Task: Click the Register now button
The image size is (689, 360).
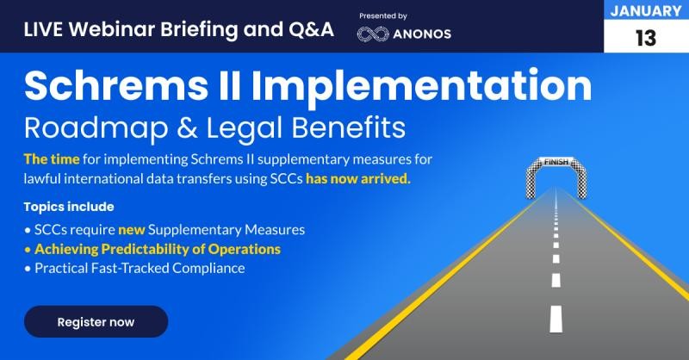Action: [x=96, y=322]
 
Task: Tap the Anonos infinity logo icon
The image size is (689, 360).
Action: [x=373, y=34]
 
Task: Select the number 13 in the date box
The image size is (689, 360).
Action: [x=646, y=38]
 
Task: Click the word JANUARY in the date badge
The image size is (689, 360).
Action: [x=646, y=11]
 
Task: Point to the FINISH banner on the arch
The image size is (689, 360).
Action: [x=556, y=162]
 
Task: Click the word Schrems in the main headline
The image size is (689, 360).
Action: [x=116, y=85]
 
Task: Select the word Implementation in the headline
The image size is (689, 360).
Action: [x=421, y=86]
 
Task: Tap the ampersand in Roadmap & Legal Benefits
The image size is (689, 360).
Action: [x=186, y=128]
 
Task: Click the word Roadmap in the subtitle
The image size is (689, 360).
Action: [x=96, y=128]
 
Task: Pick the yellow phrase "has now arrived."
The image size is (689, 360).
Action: [x=358, y=179]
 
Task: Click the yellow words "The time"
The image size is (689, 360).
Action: [x=52, y=159]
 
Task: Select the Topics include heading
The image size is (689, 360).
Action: [x=69, y=207]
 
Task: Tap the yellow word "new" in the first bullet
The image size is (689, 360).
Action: [x=132, y=230]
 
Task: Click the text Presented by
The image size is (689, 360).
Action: [x=383, y=16]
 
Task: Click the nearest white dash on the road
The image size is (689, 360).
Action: [x=556, y=320]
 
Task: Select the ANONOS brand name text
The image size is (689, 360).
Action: [x=422, y=34]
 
